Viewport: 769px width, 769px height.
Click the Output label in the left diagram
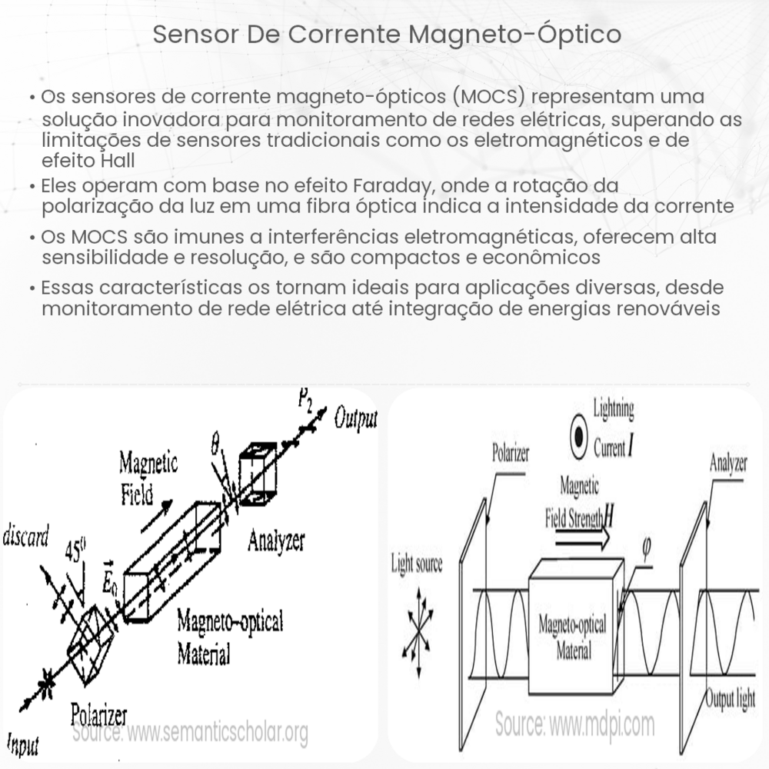tap(355, 419)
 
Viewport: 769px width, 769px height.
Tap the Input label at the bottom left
tap(23, 744)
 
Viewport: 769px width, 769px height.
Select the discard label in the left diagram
tap(26, 536)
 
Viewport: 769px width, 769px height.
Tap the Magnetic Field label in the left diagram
tap(148, 477)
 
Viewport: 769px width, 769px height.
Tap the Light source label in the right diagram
tap(417, 565)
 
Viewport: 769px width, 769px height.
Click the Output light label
tap(731, 700)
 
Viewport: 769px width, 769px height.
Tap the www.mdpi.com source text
tap(574, 724)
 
